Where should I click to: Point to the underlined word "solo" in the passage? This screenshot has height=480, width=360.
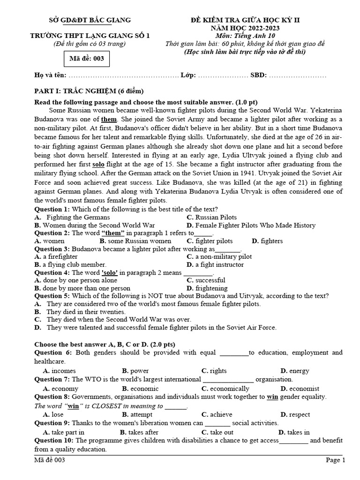[x=98, y=165]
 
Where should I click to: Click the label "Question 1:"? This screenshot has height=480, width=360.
[x=52, y=209]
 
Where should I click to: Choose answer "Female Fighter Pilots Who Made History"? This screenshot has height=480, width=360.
[x=255, y=225]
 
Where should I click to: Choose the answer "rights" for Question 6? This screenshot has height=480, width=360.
[x=218, y=371]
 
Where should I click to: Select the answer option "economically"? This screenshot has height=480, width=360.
[x=230, y=389]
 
